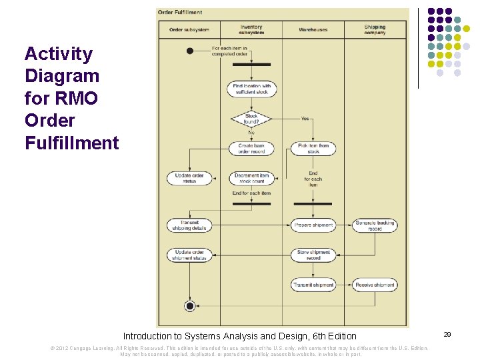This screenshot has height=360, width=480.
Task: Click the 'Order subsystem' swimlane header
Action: click(189, 30)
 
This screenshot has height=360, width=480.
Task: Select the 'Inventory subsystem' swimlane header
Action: click(251, 30)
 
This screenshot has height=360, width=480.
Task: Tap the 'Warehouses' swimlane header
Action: click(313, 30)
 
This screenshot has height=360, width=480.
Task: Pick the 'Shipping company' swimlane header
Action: click(375, 30)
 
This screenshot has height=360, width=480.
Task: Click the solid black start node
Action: click(190, 51)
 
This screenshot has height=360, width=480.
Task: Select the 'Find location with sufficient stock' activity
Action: click(251, 89)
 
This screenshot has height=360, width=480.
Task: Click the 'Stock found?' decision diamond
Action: click(251, 119)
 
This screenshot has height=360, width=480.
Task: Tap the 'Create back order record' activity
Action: click(251, 148)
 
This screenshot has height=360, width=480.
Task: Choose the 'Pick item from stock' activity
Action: click(313, 148)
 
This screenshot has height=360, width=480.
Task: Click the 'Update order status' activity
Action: click(190, 179)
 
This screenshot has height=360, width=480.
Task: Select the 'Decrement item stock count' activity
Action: click(251, 179)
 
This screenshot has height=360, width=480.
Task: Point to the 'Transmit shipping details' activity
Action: click(190, 225)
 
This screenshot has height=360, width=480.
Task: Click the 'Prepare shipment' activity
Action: click(313, 225)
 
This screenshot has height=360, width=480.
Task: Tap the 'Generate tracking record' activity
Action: click(375, 225)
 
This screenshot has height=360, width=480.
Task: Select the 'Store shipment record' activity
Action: click(313, 255)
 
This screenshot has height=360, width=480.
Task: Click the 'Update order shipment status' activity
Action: click(190, 255)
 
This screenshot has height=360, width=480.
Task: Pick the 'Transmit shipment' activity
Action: click(313, 285)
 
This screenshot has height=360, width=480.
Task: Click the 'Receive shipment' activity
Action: click(375, 285)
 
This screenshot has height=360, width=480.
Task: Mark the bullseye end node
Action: click(190, 306)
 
